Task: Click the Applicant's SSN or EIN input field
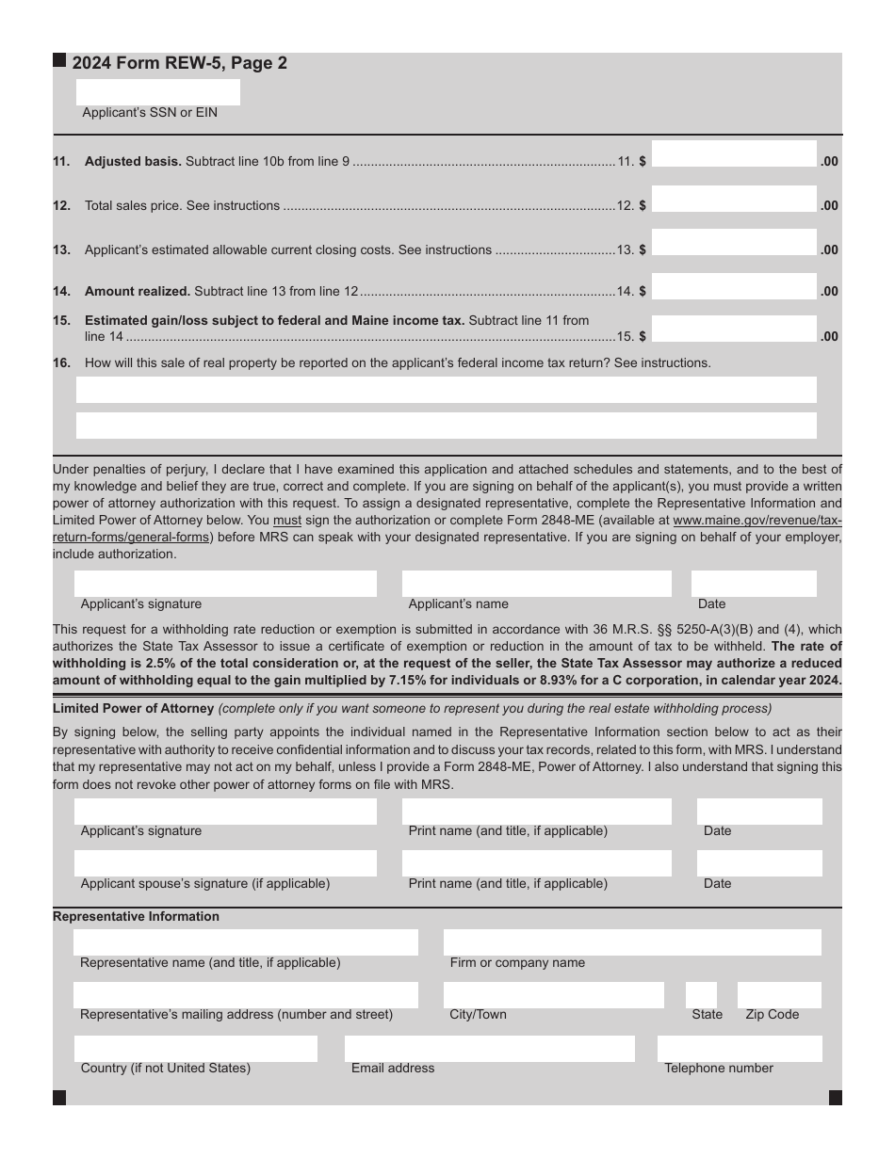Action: click(157, 92)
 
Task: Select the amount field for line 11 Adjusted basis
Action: click(733, 154)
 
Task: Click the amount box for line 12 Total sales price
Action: click(733, 199)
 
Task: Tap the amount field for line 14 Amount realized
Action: click(733, 286)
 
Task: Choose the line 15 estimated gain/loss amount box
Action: click(733, 330)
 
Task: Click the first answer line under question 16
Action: click(446, 390)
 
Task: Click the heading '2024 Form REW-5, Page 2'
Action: click(179, 63)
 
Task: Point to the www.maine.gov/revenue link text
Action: click(757, 520)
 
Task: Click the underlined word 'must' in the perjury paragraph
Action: click(287, 520)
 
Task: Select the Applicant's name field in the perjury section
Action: click(536, 584)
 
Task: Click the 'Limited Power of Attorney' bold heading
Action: click(133, 708)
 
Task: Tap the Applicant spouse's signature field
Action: click(225, 863)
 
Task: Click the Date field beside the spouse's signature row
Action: click(758, 863)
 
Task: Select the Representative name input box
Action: click(245, 942)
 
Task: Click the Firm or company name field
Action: click(631, 942)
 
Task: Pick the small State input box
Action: click(701, 995)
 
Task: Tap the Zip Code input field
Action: click(778, 995)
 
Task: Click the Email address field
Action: click(489, 1049)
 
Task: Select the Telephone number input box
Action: click(739, 1049)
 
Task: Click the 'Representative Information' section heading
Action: click(136, 917)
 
